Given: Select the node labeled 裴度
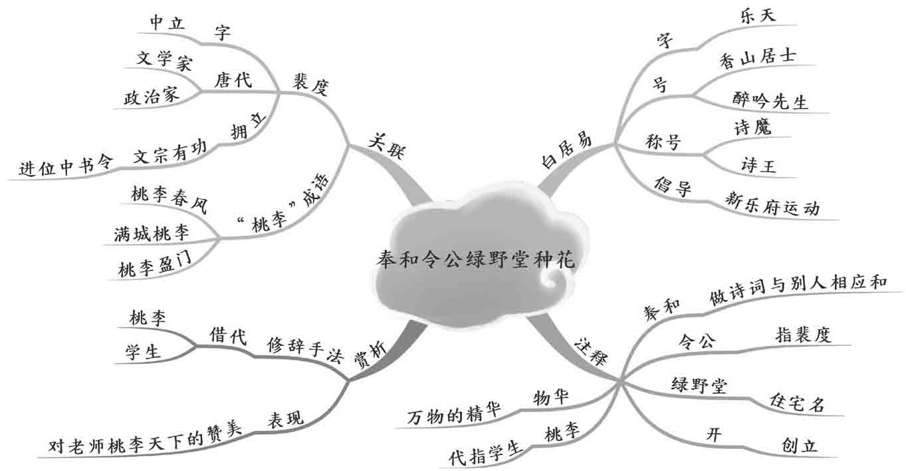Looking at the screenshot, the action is click(310, 84).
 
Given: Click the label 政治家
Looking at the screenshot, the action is click(152, 96).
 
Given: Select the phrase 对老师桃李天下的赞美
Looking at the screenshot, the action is click(145, 442).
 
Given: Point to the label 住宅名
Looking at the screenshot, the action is click(797, 402).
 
